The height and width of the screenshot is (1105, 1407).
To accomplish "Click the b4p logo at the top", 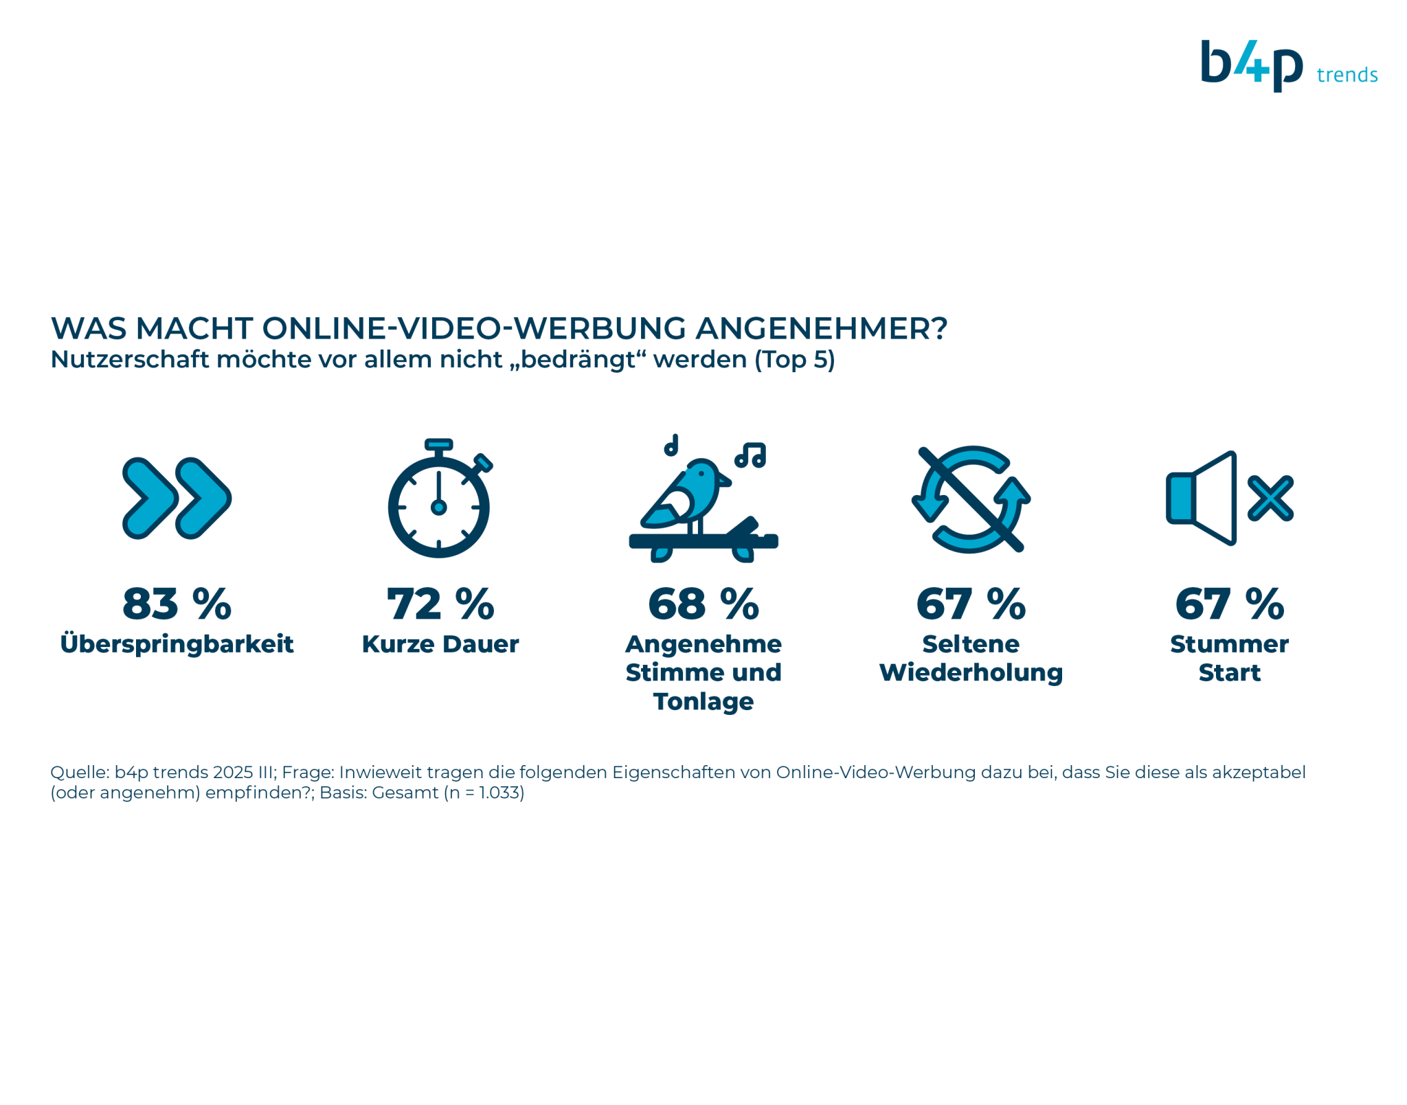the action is pos(1251,66).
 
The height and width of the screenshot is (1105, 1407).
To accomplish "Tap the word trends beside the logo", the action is pos(1347,74).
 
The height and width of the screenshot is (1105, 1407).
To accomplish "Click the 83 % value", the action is pos(177,604).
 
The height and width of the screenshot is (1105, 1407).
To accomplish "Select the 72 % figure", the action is pos(440,604).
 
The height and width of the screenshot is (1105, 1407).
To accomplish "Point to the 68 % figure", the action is pos(703,604).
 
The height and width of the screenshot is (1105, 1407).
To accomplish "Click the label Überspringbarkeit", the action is pos(177,643).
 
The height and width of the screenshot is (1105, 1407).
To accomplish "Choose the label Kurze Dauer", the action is pos(440,644).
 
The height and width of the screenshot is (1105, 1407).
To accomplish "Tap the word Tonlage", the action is pos(703,702).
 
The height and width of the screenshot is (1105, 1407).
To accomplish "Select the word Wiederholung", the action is pos(971,673).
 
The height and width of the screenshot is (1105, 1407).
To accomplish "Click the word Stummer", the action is pos(1229,644).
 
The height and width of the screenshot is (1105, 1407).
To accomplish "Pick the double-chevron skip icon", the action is pos(177,498).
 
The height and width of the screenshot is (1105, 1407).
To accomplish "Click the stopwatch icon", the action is pos(440,498).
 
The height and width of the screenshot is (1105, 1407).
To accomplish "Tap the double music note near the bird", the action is pos(750,455).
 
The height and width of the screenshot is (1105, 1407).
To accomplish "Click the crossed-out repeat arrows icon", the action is pos(971,499).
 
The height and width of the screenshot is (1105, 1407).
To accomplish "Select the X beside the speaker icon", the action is pos(1270,498).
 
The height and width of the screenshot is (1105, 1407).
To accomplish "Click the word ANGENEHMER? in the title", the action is pos(822,328).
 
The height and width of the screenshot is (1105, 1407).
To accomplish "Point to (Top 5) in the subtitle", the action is pos(795,360).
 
